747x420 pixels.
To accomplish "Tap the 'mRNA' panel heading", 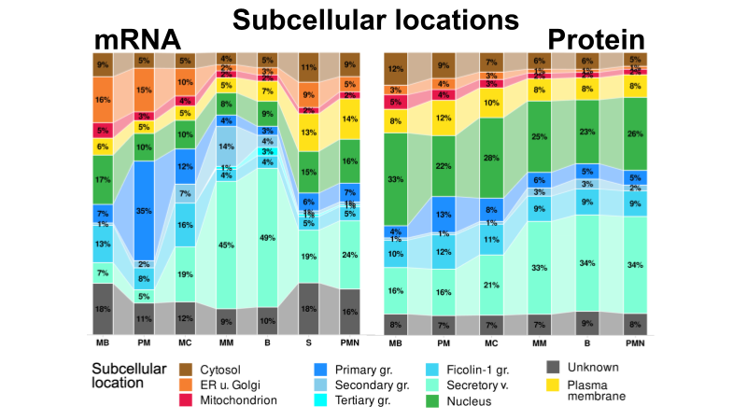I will [x=136, y=39].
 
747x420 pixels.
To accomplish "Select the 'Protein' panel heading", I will [x=596, y=39].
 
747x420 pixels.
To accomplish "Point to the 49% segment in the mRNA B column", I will [x=268, y=237].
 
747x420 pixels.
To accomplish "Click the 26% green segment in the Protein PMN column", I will [x=635, y=133].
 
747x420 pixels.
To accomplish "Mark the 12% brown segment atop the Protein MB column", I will [x=396, y=68].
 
